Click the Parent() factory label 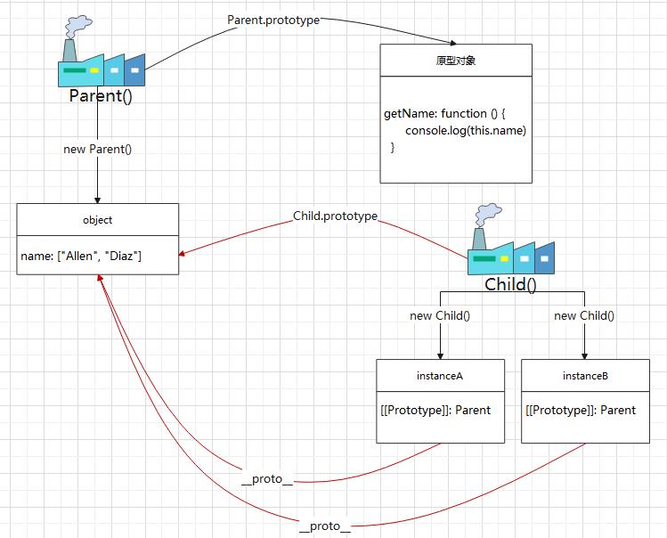(x=101, y=95)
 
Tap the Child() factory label (x=510, y=285)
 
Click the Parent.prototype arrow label (x=273, y=20)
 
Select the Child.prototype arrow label (x=336, y=216)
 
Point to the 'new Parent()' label (x=97, y=149)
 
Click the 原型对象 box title (x=455, y=61)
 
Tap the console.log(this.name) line (x=466, y=131)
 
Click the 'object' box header (x=97, y=220)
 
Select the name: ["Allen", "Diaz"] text (x=82, y=257)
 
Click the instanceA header (x=440, y=376)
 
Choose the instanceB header (x=585, y=376)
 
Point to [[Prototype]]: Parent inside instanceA (x=435, y=411)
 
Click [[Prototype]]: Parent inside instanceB (x=581, y=411)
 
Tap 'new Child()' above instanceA (x=440, y=316)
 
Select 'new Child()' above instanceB (x=584, y=316)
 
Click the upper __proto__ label (x=267, y=480)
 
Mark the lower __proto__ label (x=324, y=526)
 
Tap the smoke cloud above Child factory (x=487, y=214)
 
